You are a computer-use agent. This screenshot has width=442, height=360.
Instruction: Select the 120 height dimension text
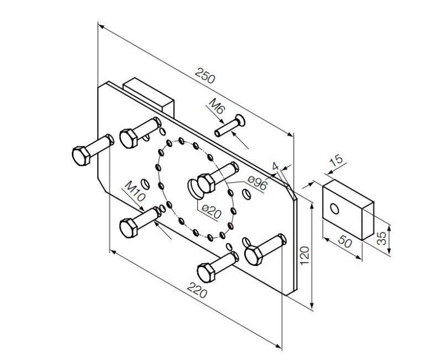tap(304, 255)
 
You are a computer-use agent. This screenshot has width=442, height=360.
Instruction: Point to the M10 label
tap(135, 191)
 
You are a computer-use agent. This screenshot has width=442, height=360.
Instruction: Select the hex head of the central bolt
tap(206, 182)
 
